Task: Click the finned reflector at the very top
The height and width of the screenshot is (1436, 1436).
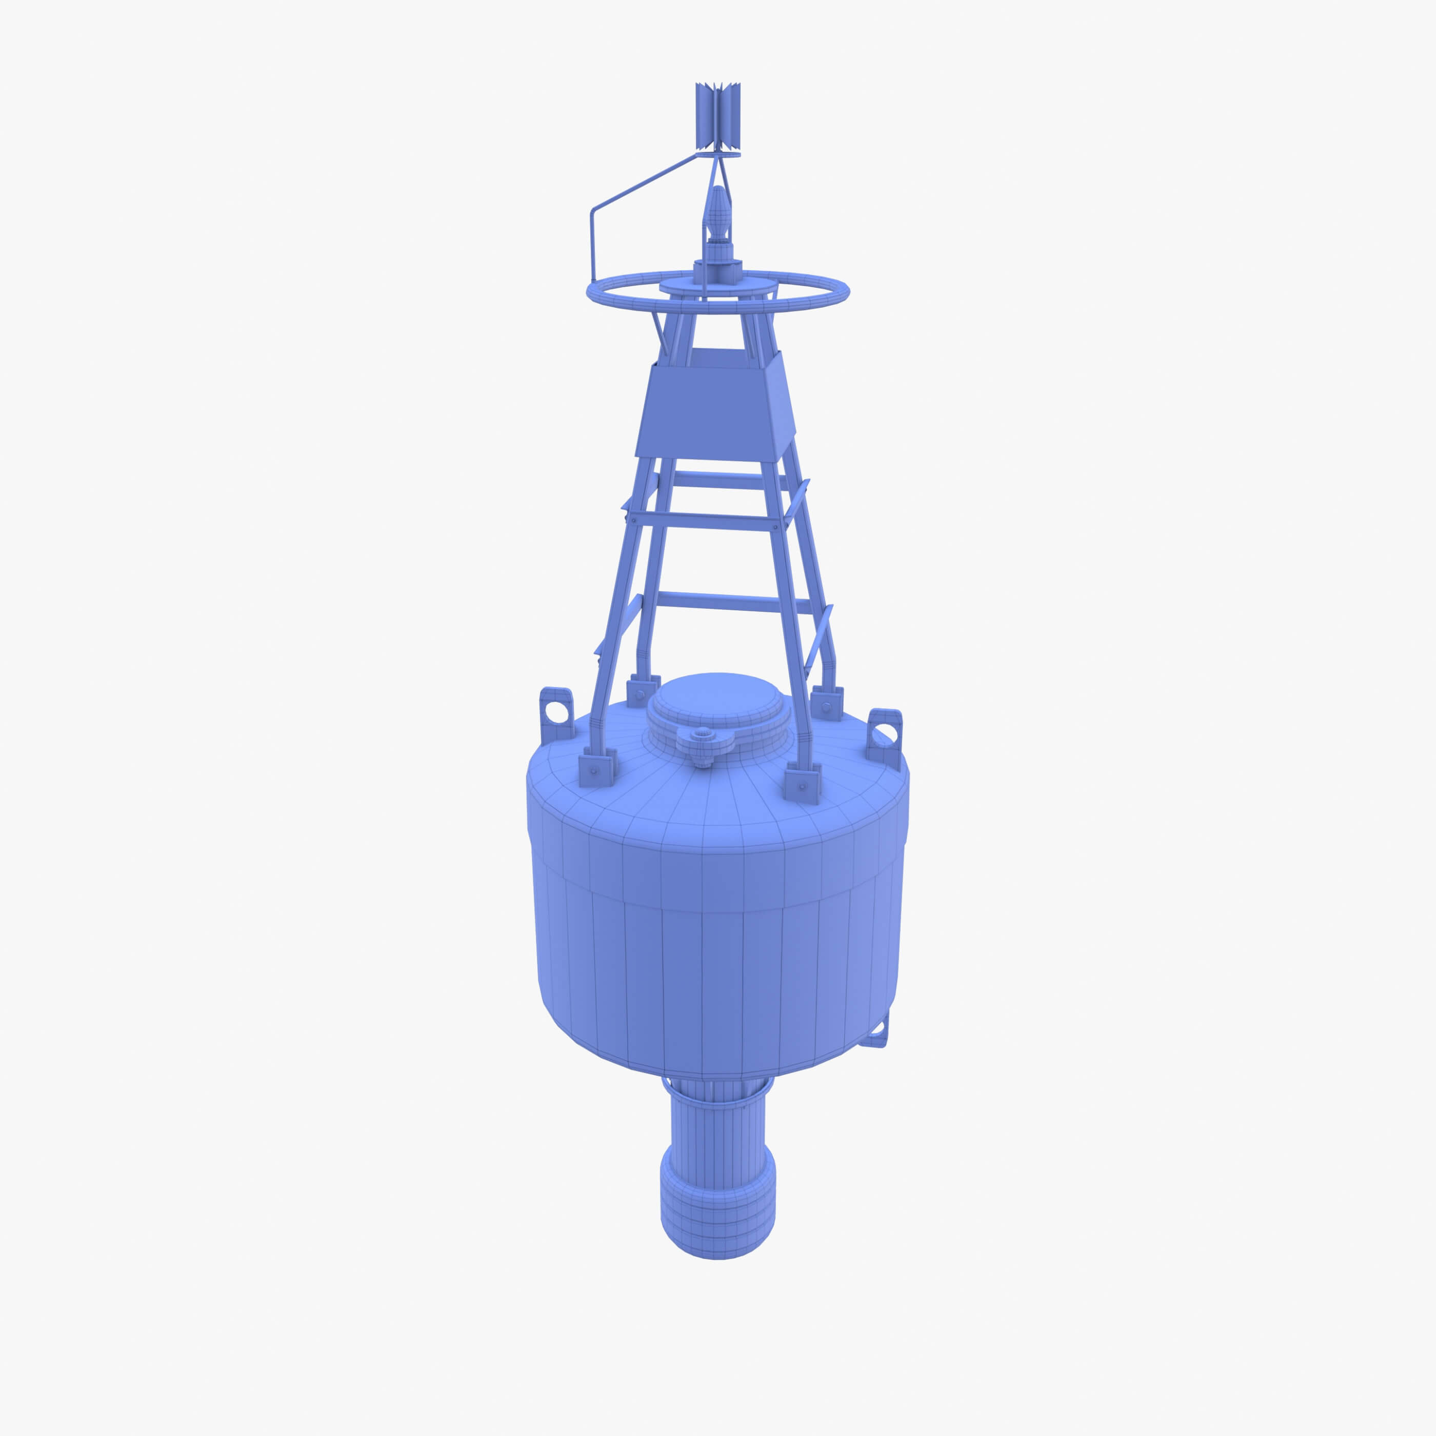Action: click(717, 115)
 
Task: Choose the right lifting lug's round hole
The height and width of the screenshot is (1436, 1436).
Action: click(884, 736)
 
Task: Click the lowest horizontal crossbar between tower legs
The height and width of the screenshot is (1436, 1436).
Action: click(732, 602)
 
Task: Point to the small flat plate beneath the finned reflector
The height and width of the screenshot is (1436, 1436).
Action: click(718, 154)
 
